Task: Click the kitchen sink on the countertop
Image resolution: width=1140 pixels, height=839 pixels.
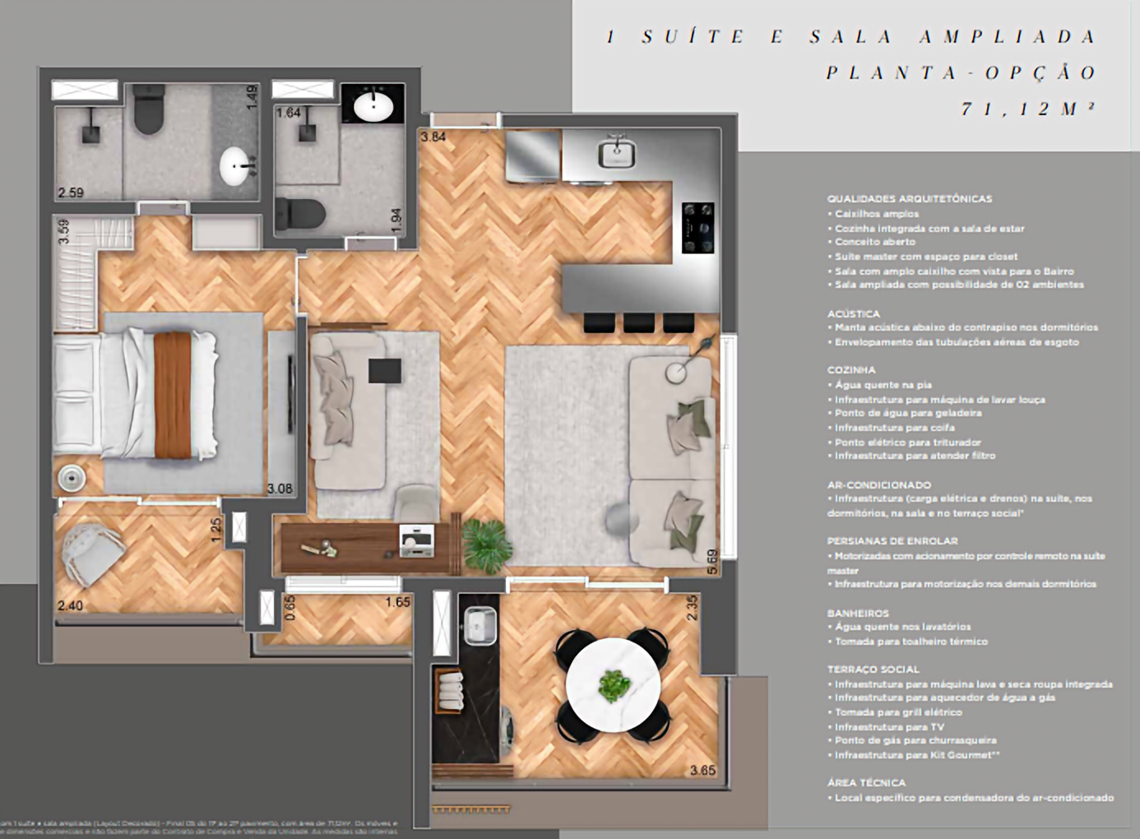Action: click(x=616, y=153)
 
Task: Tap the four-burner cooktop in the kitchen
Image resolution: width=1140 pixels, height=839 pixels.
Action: click(x=697, y=227)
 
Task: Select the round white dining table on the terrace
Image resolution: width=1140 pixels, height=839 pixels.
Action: click(x=613, y=684)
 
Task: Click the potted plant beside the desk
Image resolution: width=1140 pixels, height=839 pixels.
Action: click(x=486, y=540)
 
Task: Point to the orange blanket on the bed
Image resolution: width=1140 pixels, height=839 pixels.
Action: click(x=172, y=394)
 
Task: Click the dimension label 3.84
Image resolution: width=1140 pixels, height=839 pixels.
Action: click(x=433, y=137)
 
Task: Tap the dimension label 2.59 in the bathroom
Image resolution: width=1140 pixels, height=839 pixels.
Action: click(x=71, y=192)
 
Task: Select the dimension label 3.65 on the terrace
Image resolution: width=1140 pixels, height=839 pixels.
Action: click(x=703, y=770)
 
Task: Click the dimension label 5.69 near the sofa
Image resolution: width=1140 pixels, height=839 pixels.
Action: click(x=712, y=562)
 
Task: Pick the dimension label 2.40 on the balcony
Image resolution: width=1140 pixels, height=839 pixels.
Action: click(x=70, y=606)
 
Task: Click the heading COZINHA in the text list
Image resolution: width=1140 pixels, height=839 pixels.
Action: click(x=850, y=370)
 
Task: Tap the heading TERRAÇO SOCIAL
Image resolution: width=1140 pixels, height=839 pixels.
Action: click(x=873, y=670)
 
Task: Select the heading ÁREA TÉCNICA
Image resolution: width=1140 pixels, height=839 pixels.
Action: click(x=866, y=783)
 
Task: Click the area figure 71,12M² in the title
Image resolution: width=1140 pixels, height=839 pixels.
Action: click(x=1028, y=109)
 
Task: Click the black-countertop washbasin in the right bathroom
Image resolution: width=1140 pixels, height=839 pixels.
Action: click(x=373, y=104)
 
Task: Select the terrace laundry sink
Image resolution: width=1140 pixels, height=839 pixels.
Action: click(x=480, y=625)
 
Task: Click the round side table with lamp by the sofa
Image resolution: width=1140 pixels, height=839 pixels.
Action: click(x=677, y=372)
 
